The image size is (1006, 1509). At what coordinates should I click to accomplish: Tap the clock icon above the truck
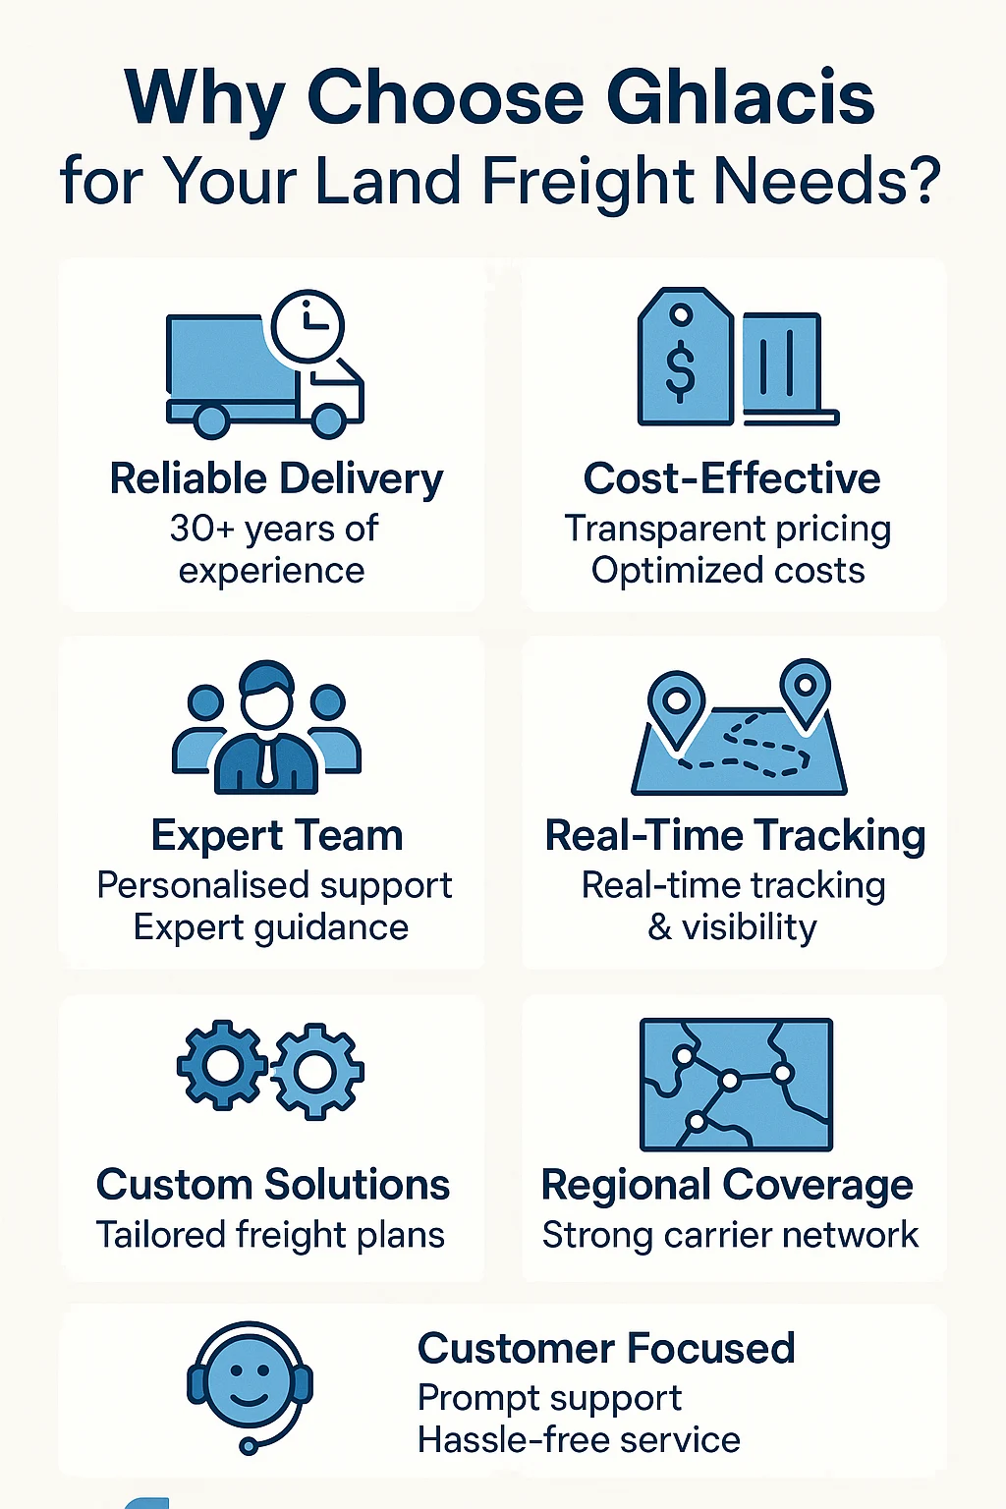307,325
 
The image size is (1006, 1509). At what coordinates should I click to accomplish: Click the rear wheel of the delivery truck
211,420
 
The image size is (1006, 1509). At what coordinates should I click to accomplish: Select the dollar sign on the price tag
680,370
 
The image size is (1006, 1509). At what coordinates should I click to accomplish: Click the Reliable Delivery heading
276,479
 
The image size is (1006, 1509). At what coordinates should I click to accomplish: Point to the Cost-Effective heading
732,479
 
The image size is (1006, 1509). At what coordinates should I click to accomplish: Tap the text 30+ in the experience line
201,529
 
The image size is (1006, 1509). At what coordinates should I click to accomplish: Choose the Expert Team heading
277,836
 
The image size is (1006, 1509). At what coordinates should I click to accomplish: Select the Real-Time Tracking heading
735,836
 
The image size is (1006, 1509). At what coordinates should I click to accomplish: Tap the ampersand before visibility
660,927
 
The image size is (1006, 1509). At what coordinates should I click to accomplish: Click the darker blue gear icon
222,1065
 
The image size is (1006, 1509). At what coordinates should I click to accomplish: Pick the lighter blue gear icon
316,1072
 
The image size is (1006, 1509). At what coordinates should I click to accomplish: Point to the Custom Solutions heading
272,1185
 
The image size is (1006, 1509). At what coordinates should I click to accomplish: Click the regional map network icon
736,1085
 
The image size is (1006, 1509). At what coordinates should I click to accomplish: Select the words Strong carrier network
730,1235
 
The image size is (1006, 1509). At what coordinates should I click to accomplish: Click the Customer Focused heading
606,1349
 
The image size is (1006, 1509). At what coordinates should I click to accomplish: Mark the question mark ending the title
922,182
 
